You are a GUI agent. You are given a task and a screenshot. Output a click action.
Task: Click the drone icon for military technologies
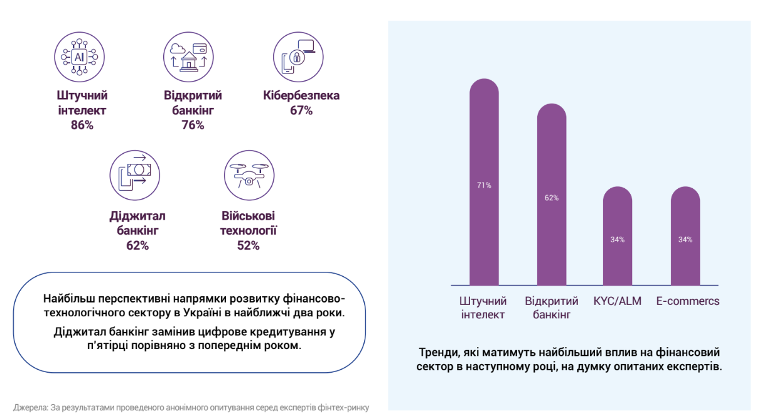pyautogui.click(x=249, y=174)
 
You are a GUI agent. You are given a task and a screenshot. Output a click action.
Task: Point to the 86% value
pyautogui.click(x=82, y=125)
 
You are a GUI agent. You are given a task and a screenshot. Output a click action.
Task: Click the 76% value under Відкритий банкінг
pyautogui.click(x=193, y=125)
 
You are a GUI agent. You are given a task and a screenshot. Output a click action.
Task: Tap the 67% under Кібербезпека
pyautogui.click(x=301, y=110)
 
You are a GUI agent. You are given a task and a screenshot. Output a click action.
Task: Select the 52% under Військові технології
pyautogui.click(x=248, y=245)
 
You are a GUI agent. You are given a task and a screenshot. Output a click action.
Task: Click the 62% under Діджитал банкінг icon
pyautogui.click(x=137, y=245)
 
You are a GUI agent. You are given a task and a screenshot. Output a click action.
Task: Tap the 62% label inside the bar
pyautogui.click(x=552, y=198)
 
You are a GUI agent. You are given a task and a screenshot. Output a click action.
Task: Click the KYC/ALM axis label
pyautogui.click(x=618, y=301)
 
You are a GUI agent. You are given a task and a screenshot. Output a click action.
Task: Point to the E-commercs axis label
pyautogui.click(x=688, y=301)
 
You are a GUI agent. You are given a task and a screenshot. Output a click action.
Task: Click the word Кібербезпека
pyautogui.click(x=301, y=96)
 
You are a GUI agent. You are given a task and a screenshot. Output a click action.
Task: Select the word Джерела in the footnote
pyautogui.click(x=28, y=407)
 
